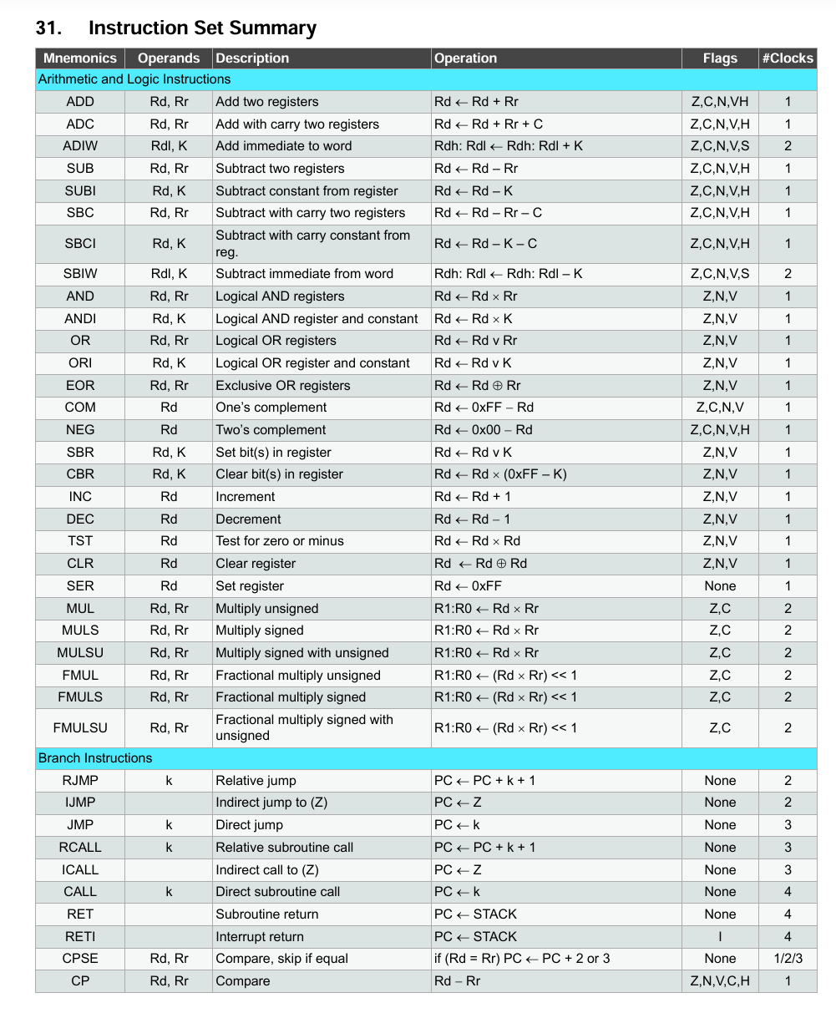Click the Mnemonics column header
click(x=80, y=58)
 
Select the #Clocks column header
click(x=787, y=58)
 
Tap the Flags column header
click(x=720, y=58)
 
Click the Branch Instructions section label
click(x=95, y=758)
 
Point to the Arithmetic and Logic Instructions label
click(x=134, y=79)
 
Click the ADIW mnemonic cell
click(x=80, y=146)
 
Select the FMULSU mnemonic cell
click(x=80, y=727)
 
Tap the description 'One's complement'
click(x=271, y=408)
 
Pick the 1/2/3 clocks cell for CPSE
click(x=787, y=959)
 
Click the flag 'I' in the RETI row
click(x=720, y=937)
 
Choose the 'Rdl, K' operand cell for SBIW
click(x=169, y=274)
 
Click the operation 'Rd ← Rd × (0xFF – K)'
click(x=500, y=474)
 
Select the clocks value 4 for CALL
click(x=787, y=892)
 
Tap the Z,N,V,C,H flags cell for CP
click(x=720, y=981)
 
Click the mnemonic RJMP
click(x=80, y=781)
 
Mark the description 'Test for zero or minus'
click(x=280, y=541)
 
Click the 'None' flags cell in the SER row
click(x=720, y=586)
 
